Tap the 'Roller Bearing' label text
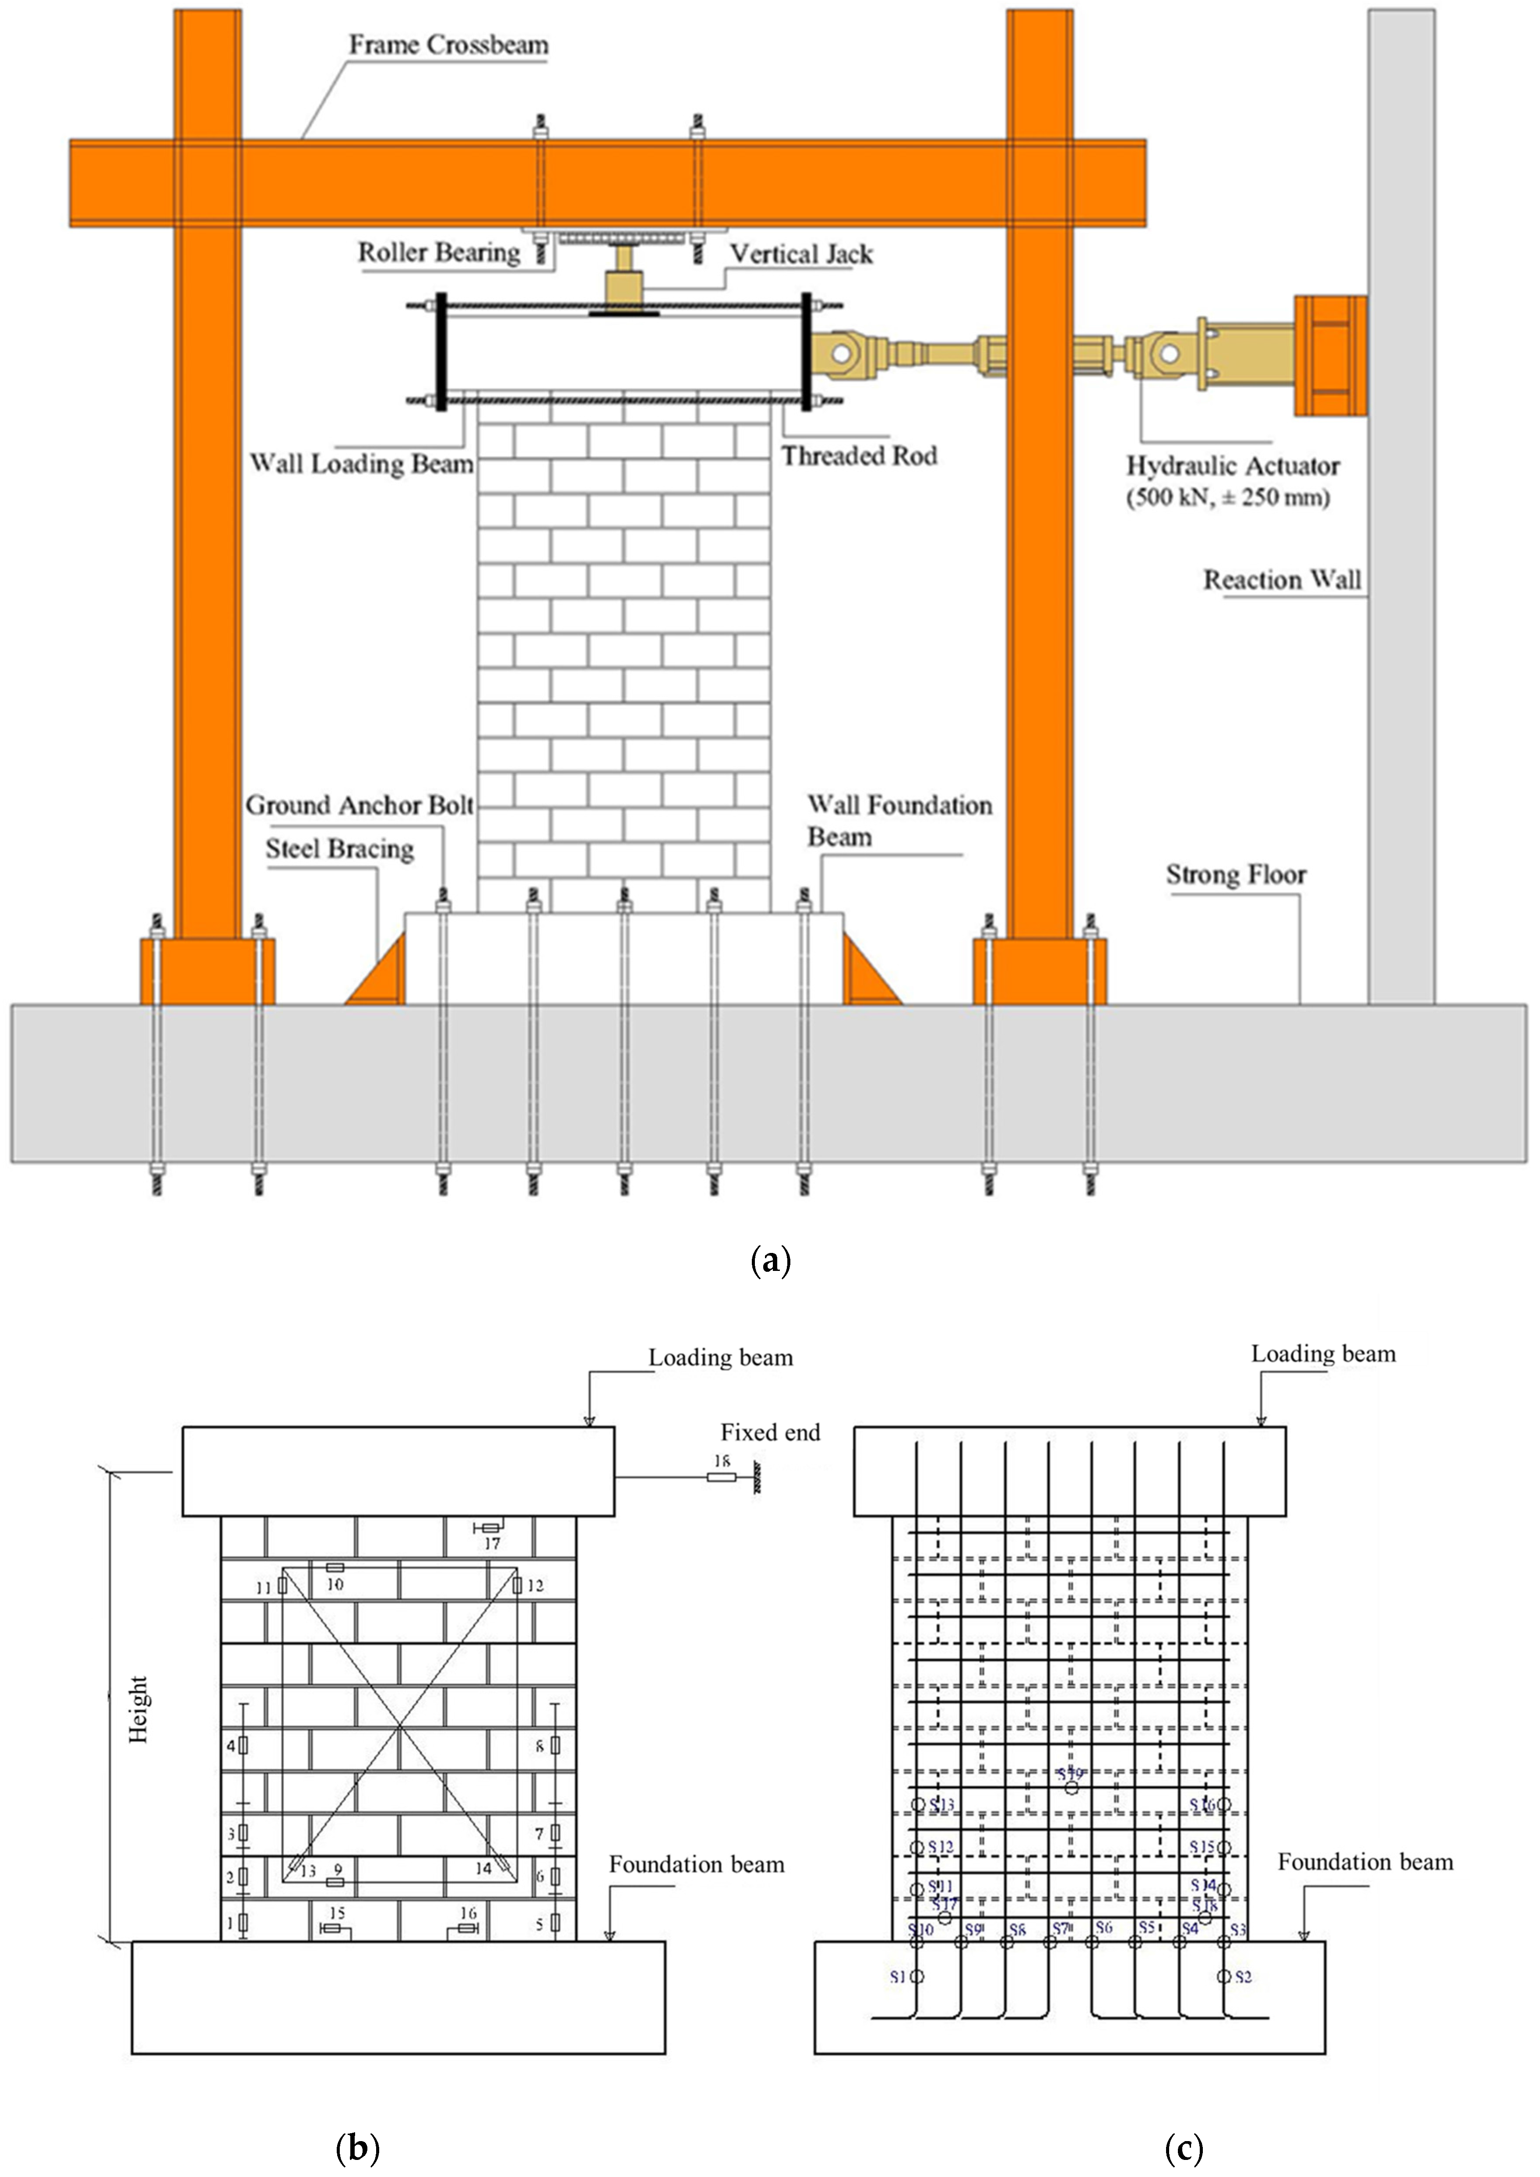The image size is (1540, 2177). tap(438, 252)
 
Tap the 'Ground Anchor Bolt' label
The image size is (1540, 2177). tap(359, 805)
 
